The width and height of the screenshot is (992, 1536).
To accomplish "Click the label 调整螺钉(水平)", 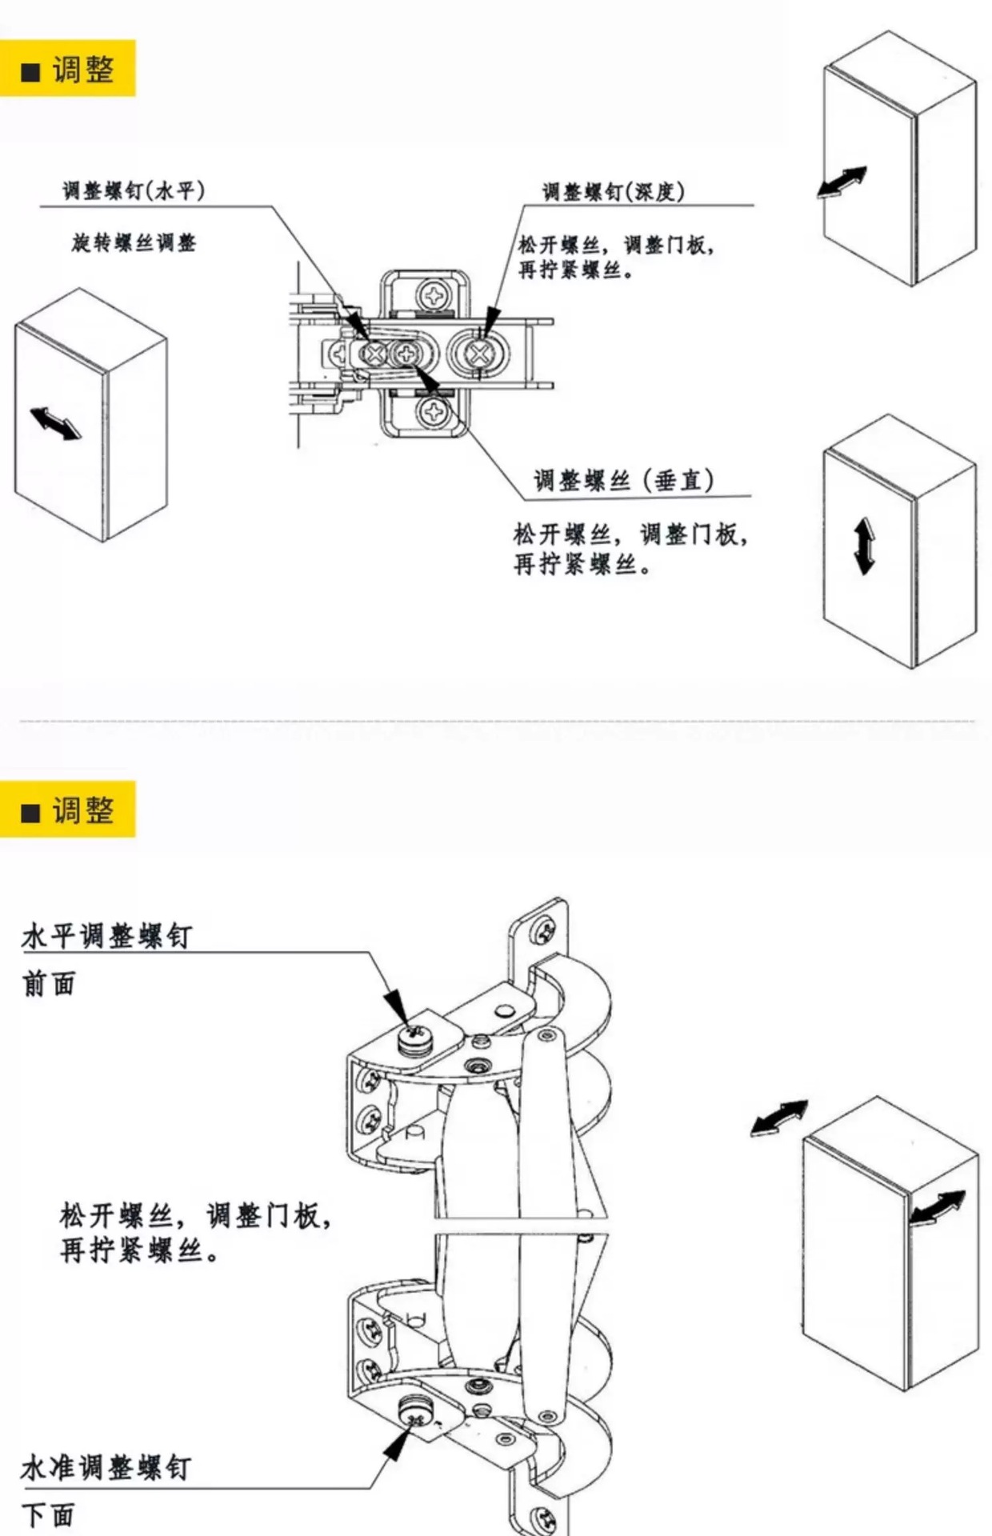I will pos(134,191).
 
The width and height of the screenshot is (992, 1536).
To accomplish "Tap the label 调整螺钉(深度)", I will pos(613,192).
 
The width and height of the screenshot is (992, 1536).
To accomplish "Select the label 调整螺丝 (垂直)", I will pos(623,480).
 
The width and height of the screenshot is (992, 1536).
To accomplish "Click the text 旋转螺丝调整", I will pos(134,242).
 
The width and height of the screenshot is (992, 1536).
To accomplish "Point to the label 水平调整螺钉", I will pos(106,936).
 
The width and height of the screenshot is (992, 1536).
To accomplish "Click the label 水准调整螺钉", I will pos(106,1468).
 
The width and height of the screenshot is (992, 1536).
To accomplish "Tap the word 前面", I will pos(49,984).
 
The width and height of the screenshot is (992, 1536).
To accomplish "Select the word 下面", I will pos(48,1515).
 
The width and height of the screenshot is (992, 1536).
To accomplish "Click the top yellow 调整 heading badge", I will pos(68,70).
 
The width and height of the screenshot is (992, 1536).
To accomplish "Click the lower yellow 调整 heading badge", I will pos(68,810).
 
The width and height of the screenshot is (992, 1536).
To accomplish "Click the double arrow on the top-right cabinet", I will pos(842,182).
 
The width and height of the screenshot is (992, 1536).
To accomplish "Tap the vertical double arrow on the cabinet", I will pos(864,546).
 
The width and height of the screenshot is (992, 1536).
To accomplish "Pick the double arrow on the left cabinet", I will pos(56,422).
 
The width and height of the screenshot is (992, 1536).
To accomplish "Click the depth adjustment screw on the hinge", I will pos(478,354).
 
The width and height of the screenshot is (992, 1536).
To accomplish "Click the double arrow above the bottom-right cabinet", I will pos(779,1118).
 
